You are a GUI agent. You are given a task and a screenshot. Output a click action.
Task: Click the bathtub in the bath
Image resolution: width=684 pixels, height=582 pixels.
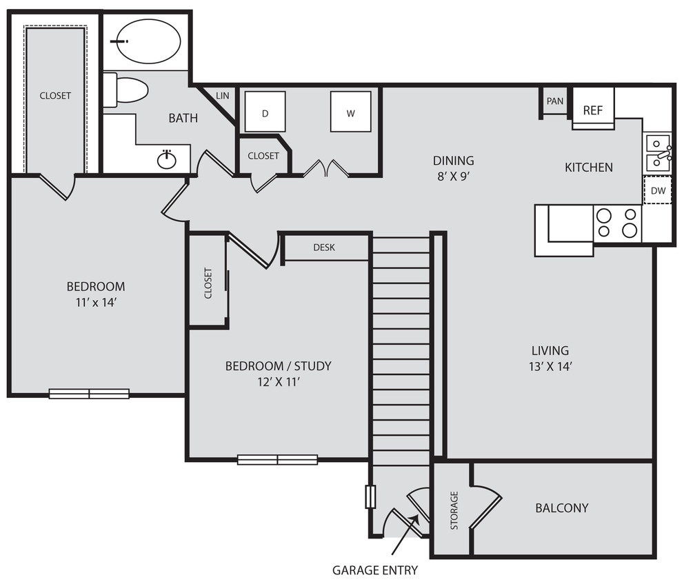[147, 41]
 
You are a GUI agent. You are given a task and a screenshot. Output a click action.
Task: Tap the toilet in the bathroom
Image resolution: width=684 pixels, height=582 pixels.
[128, 91]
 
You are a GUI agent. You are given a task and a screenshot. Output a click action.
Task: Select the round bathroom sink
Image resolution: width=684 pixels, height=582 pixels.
[167, 160]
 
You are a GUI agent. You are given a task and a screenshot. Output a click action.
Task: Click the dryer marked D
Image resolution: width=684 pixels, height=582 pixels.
[265, 112]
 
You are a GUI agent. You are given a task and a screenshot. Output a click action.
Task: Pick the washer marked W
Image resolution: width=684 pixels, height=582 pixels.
[350, 112]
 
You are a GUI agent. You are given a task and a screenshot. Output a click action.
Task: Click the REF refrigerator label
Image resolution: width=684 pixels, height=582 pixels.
[593, 110]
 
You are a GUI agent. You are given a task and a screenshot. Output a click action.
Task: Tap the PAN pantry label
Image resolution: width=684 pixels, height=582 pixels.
[554, 101]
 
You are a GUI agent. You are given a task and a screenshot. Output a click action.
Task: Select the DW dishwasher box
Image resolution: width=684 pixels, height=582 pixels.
[658, 191]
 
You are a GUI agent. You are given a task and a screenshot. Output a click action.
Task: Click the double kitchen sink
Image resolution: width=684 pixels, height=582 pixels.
[658, 153]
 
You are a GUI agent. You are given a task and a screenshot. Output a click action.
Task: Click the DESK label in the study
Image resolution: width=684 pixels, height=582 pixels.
[324, 247]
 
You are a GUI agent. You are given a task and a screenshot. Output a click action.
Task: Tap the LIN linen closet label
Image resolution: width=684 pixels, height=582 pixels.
[222, 96]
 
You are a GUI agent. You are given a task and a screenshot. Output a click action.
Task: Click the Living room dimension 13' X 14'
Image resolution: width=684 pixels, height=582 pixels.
[550, 367]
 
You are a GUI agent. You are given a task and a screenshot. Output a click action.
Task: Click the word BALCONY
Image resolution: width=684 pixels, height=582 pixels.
[562, 508]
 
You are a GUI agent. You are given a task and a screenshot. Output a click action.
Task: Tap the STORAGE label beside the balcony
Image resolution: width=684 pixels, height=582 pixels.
[454, 510]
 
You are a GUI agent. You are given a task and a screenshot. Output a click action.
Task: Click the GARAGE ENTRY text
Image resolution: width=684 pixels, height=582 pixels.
[375, 570]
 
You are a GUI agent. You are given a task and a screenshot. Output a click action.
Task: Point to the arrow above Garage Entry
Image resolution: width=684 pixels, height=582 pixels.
[405, 534]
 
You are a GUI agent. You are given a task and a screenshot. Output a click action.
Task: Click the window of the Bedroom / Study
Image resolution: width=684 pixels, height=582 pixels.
[277, 459]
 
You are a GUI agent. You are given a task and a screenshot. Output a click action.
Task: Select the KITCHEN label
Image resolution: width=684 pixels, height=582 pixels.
[588, 167]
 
